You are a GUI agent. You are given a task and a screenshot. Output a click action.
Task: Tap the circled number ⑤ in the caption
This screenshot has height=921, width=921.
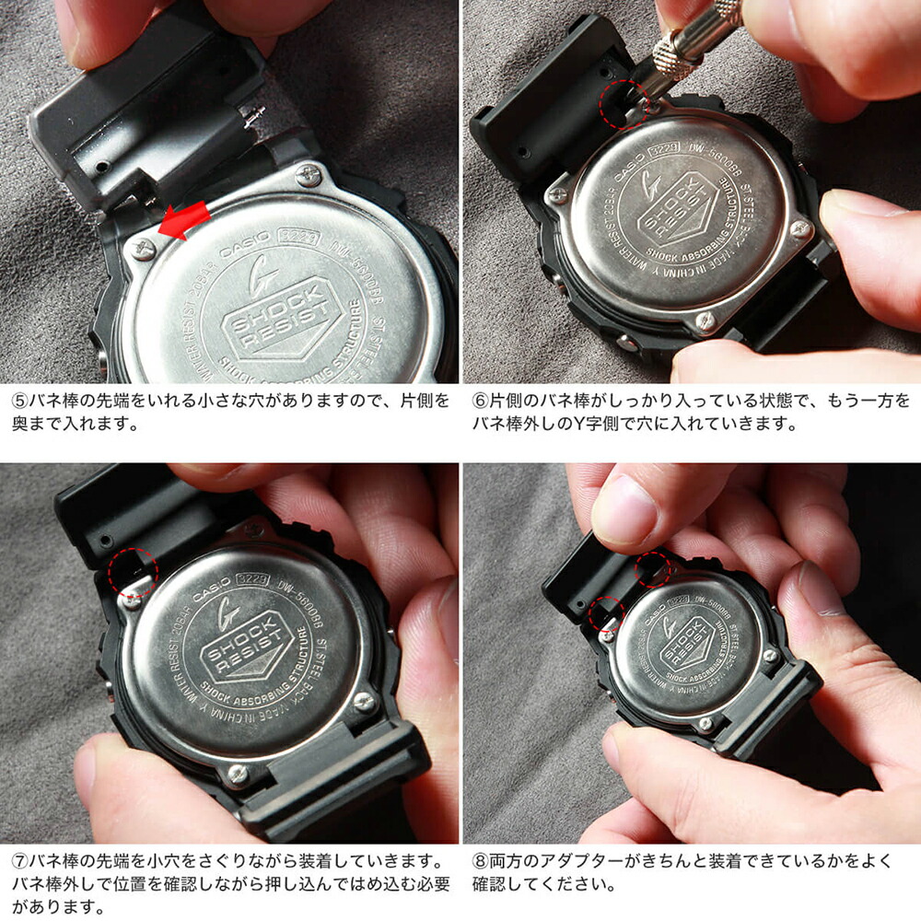point(20,402)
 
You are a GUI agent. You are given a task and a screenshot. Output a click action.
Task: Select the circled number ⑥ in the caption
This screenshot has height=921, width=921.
point(482,402)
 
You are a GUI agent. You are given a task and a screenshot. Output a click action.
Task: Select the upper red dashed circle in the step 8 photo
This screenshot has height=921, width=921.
point(652,569)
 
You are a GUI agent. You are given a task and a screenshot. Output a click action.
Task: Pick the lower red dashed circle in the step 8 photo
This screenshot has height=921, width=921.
point(606,613)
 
